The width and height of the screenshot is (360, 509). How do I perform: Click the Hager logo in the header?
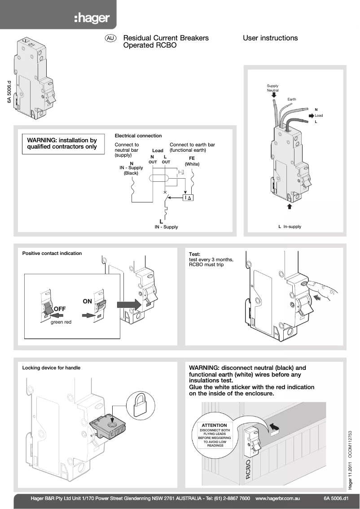pos(92,18)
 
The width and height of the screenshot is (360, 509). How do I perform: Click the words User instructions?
pos(270,38)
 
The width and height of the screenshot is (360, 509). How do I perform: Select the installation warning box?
pos(62,144)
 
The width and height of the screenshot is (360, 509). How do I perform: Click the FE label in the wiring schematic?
pos(192,158)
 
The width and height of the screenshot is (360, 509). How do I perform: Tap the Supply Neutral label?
pos(272,88)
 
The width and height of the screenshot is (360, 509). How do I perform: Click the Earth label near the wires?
pos(292,99)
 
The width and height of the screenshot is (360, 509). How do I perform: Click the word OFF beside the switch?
pos(60,309)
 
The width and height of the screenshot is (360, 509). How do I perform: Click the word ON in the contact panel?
pos(87,302)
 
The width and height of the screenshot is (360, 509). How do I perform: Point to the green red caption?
pos(61,322)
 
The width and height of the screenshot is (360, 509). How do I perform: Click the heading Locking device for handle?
pos(51,368)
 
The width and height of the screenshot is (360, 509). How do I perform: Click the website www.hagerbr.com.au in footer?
pos(277,498)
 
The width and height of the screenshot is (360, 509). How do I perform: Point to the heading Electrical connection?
pos(138,136)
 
